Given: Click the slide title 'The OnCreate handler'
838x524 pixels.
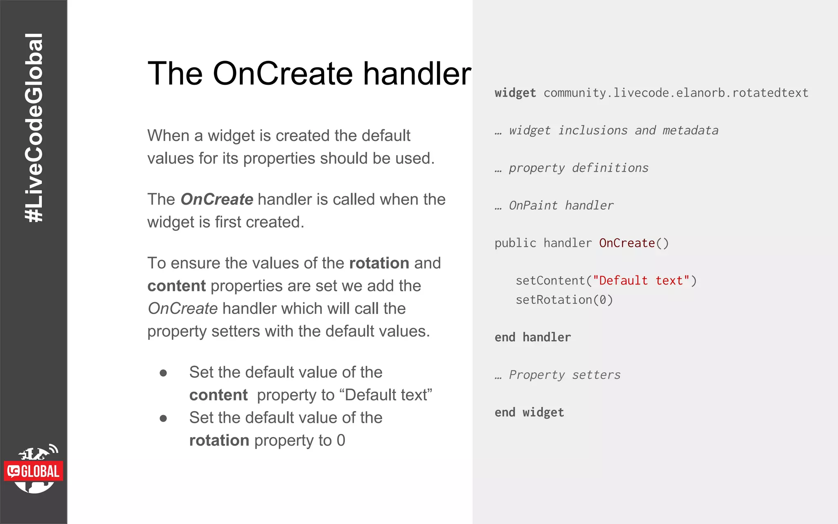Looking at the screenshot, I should point(309,74).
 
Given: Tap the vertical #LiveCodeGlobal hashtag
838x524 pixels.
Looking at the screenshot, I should point(34,128).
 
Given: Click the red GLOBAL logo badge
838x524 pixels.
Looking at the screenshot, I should point(34,471).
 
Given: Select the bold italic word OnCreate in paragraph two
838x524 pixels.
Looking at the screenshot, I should point(217,199).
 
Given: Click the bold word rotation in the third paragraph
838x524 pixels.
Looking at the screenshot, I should point(379,263).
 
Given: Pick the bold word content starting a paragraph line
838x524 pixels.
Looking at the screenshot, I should point(176,286).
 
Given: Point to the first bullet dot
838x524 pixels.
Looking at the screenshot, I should point(163,373).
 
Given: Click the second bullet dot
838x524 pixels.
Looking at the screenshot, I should point(163,418).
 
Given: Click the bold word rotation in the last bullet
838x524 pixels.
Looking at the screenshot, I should point(219,440).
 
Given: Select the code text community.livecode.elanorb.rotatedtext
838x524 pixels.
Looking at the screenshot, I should point(676,93).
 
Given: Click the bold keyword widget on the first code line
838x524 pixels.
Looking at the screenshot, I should point(515,93).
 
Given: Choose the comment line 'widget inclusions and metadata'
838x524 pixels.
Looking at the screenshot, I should point(613,131).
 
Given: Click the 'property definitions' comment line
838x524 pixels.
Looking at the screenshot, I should point(578,168).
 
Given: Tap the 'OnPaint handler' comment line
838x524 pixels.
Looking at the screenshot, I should point(561,206).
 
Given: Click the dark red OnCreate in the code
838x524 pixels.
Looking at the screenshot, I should point(627,243).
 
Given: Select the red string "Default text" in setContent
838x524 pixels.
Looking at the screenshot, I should point(641,281).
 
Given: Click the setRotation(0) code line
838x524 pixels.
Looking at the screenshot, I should point(564,300).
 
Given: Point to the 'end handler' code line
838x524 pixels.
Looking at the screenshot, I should point(532,337).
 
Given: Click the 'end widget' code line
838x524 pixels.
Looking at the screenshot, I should point(529,413).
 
